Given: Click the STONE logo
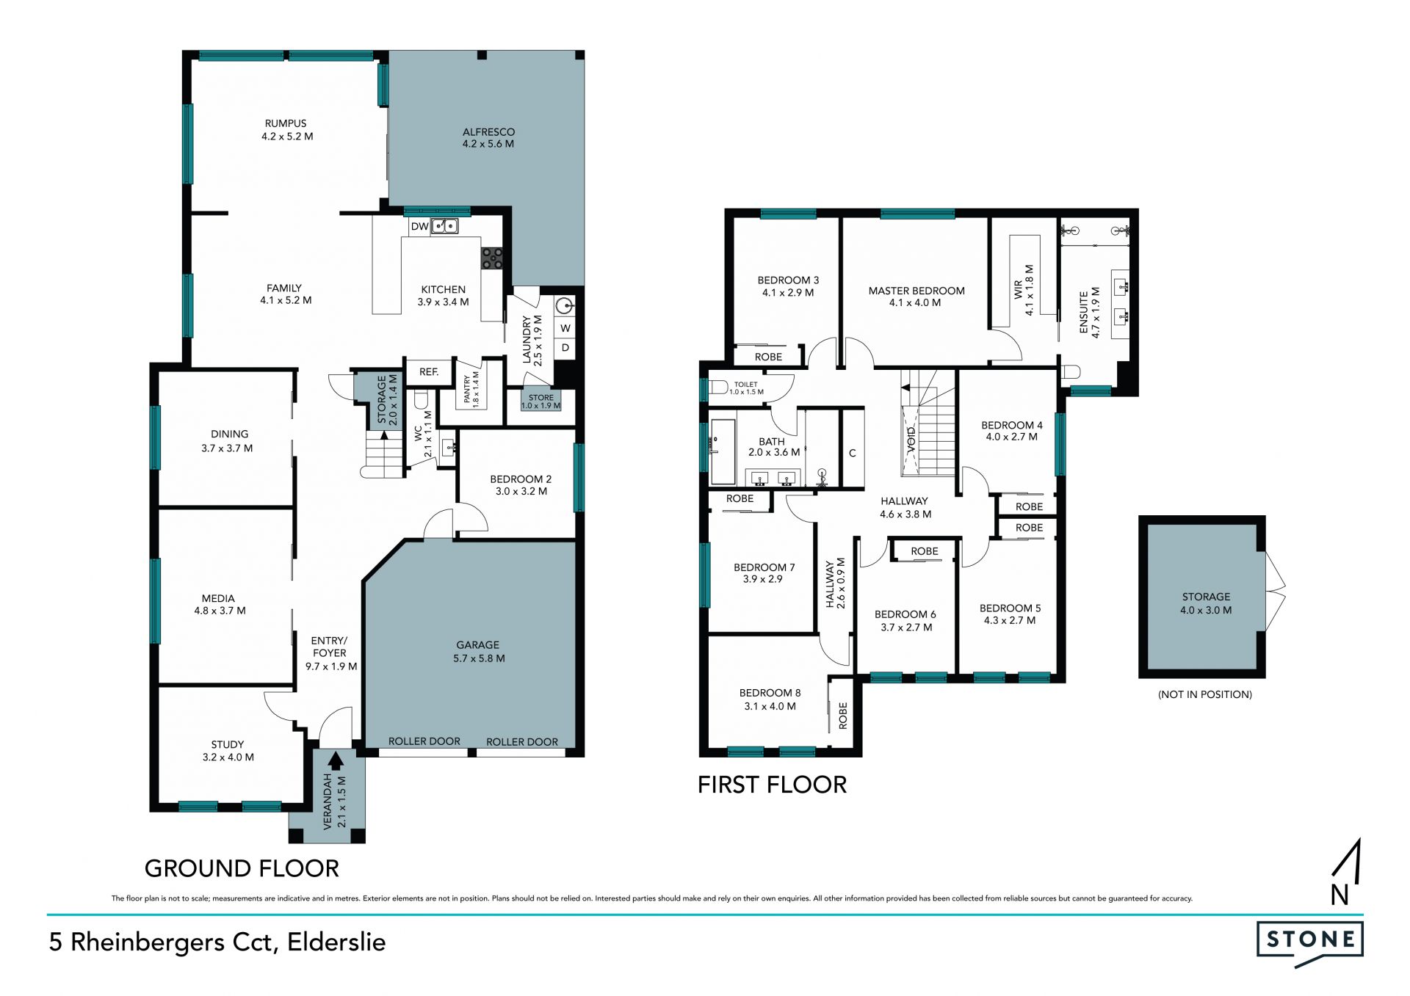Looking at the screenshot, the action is point(1309,942).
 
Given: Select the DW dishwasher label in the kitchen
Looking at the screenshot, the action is point(419,226).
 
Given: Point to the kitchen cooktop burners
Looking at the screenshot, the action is point(492,258).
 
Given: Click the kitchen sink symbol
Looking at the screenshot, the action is point(444,226).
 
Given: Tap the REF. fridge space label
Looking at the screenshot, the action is point(429,372).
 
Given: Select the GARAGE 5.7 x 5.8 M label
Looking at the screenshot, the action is point(479,652).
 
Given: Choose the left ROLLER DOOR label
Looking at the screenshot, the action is point(424,741).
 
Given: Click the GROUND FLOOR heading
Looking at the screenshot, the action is point(242,868).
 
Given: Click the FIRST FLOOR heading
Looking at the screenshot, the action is point(772,785).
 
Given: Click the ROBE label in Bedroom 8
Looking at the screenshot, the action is point(843,716).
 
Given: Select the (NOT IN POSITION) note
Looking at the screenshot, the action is point(1205,694).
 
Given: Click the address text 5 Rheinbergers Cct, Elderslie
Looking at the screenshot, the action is point(217,942).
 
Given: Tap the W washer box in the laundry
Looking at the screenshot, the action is point(565,328).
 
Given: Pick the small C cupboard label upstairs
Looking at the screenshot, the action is point(853,453).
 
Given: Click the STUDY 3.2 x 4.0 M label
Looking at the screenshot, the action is point(228,751).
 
